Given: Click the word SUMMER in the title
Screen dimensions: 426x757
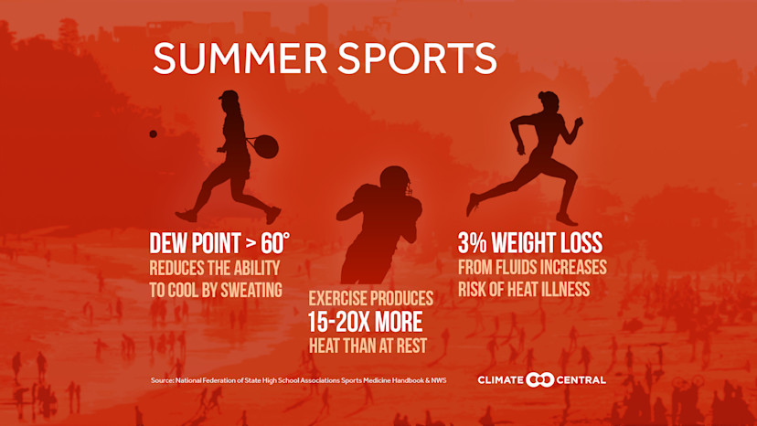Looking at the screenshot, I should pyautogui.click(x=240, y=58).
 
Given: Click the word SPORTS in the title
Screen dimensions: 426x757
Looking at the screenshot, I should pyautogui.click(x=417, y=58).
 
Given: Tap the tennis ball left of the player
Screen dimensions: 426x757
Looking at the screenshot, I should pyautogui.click(x=153, y=133).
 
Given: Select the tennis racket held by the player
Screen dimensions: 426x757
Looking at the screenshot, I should pyautogui.click(x=264, y=145).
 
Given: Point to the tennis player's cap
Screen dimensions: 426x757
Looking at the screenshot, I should pyautogui.click(x=228, y=96).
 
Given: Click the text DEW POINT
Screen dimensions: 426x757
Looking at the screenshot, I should pyautogui.click(x=197, y=243).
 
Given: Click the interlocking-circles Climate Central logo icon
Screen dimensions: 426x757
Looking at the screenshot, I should pyautogui.click(x=542, y=379).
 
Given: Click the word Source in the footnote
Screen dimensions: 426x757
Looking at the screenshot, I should pyautogui.click(x=163, y=380).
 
